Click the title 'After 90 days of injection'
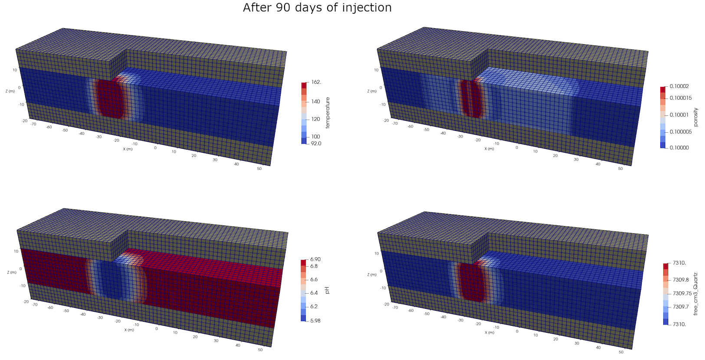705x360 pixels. (x=317, y=8)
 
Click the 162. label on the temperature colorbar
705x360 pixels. (x=316, y=82)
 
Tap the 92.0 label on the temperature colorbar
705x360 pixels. (x=316, y=144)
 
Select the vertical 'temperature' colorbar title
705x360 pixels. (x=328, y=113)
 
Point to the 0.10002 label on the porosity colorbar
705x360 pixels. (x=679, y=86)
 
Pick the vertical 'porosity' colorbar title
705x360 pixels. (x=695, y=117)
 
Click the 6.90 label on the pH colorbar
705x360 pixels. (x=315, y=259)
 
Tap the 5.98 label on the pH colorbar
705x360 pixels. (x=315, y=321)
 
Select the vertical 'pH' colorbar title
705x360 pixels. (x=327, y=290)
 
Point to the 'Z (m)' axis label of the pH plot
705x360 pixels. (x=12, y=272)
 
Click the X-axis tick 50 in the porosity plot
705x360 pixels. (x=620, y=169)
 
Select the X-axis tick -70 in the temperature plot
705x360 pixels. (x=34, y=124)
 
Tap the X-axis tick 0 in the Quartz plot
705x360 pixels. (x=517, y=331)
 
